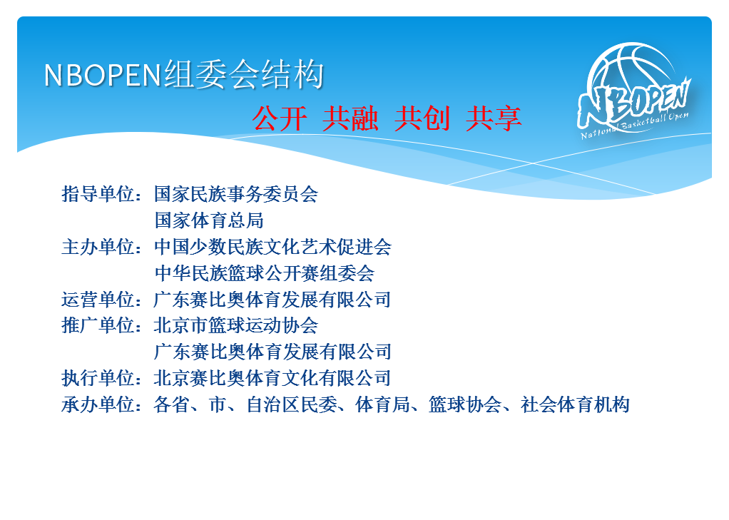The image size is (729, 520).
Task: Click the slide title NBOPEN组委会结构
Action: pos(183,74)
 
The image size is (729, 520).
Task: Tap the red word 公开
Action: pos(280,118)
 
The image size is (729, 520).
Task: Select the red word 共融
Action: pos(350,118)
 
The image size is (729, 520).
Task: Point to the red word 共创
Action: pos(422,118)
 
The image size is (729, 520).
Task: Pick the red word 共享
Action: pos(494,118)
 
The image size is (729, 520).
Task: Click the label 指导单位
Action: pos(98,194)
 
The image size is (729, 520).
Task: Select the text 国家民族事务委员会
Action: pos(236,194)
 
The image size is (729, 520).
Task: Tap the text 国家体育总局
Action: pos(209,220)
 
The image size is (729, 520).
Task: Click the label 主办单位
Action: pos(98,247)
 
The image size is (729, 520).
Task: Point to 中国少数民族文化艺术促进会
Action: pos(273,247)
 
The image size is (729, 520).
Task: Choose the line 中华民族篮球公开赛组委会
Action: pos(264,273)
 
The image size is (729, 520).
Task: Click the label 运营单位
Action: pos(98,300)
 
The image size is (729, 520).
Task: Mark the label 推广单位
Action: pos(98,325)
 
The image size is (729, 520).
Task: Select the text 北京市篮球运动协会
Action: pos(236,325)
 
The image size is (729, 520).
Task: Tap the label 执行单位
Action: pos(98,378)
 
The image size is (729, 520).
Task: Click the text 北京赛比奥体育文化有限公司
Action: pos(272,378)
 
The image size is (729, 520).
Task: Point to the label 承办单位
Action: pos(98,404)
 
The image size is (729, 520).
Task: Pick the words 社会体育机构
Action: pos(576,404)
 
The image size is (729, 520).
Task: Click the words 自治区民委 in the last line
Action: pos(292,404)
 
